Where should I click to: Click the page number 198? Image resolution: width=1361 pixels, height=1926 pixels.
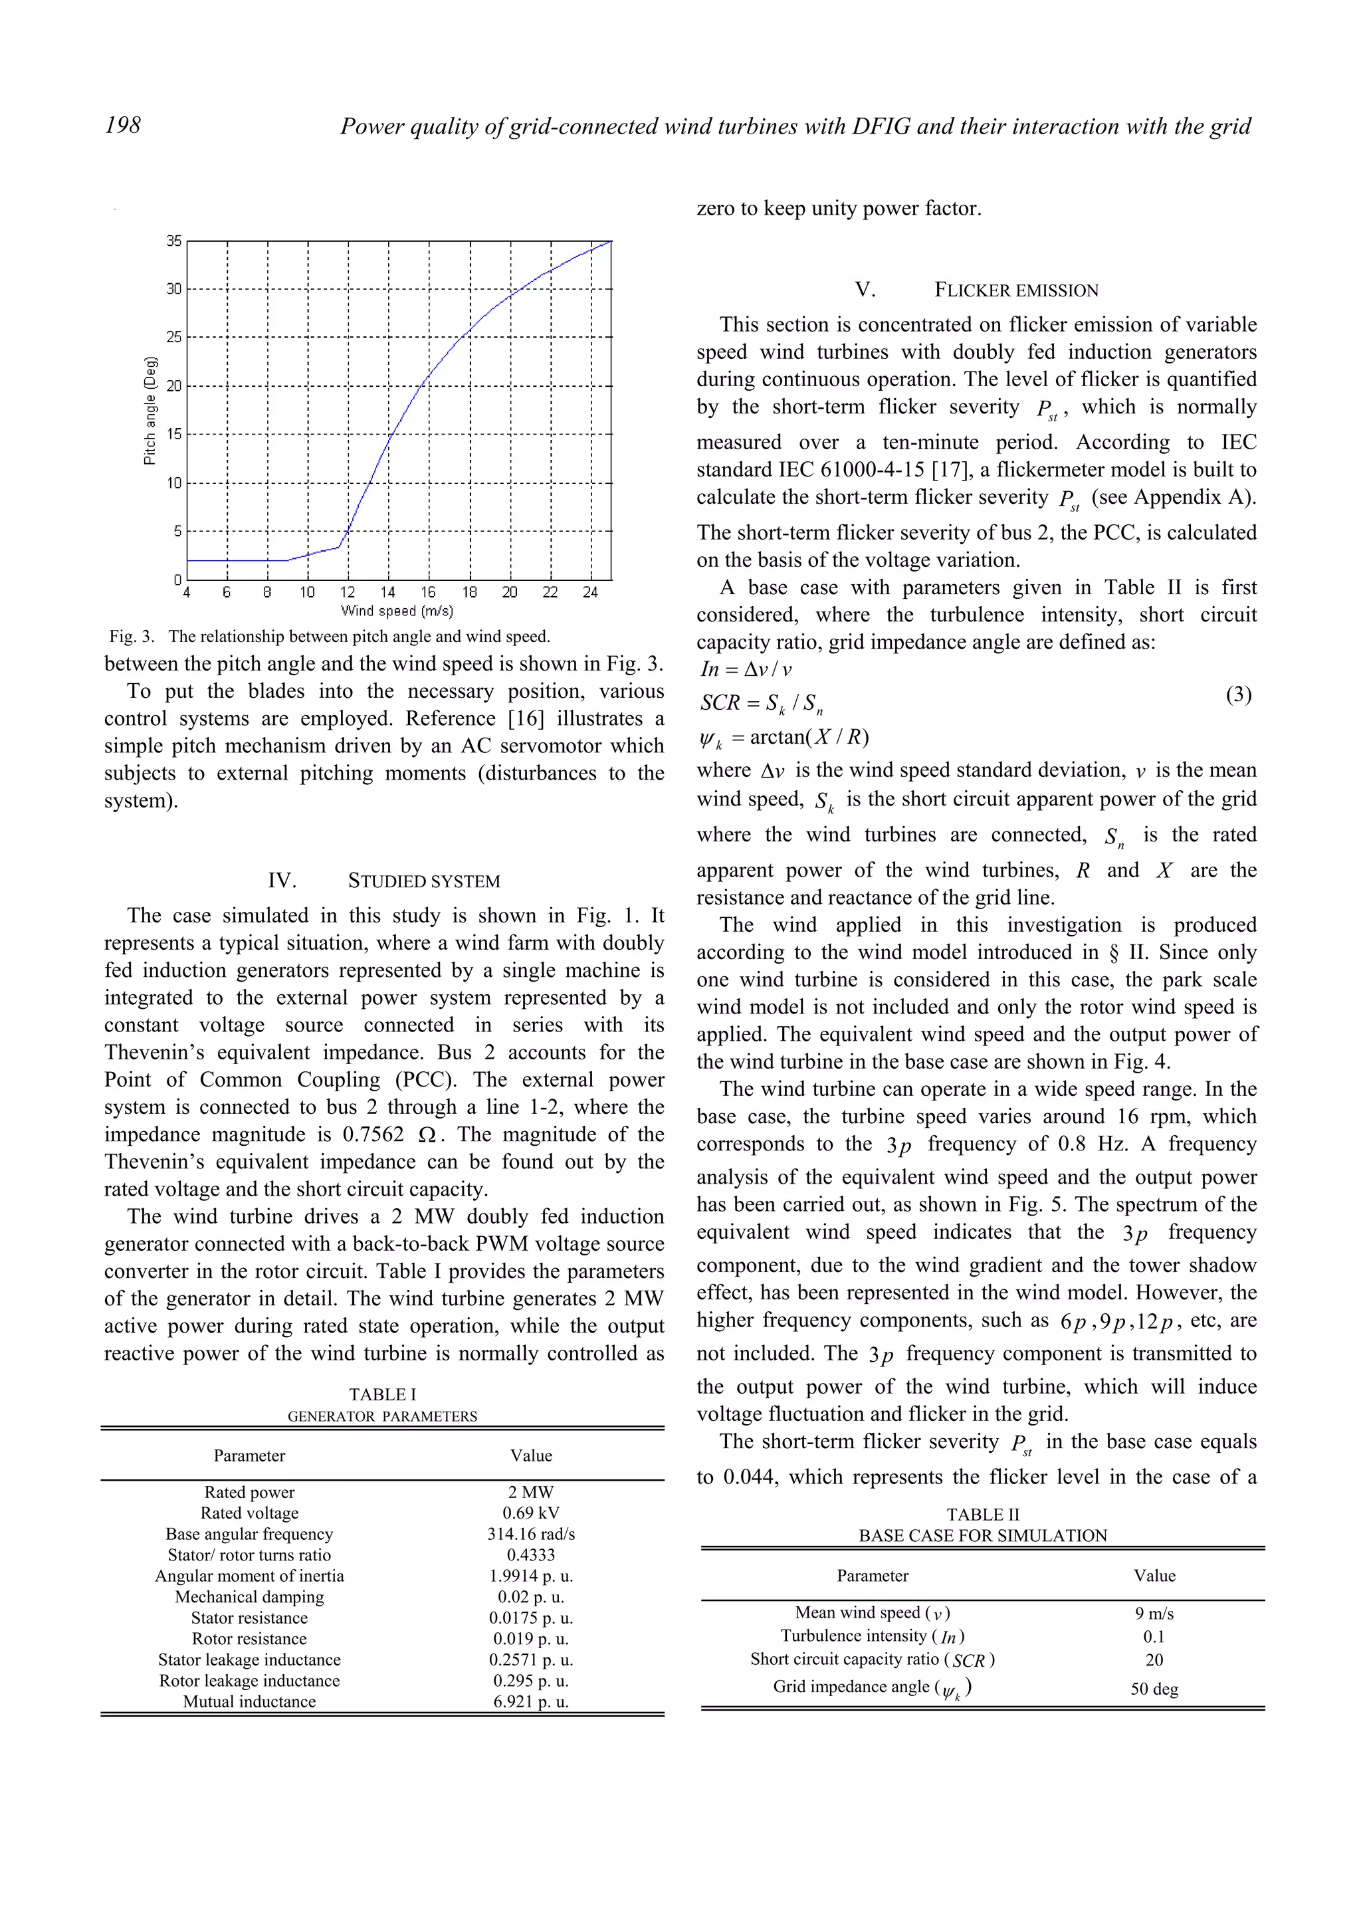[x=123, y=126]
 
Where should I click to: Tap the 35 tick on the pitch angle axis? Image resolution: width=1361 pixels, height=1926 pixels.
[x=173, y=242]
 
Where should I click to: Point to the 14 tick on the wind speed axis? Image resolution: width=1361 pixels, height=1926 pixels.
[x=387, y=592]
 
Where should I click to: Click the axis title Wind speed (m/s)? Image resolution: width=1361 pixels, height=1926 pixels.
[x=397, y=611]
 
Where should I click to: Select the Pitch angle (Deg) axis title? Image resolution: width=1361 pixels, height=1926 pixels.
[x=150, y=410]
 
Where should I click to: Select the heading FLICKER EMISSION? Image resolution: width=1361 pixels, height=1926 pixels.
[x=1016, y=290]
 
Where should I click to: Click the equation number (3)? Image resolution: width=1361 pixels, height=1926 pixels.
[x=1239, y=695]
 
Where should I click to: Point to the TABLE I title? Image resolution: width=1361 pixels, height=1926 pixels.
[x=382, y=1394]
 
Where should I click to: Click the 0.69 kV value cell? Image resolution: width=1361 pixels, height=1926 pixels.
[x=531, y=1513]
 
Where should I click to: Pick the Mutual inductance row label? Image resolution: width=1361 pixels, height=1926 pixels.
[x=249, y=1702]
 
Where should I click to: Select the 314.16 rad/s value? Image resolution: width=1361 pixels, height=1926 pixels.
[x=531, y=1535]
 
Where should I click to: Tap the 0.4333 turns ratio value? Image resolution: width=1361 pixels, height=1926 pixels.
[x=531, y=1555]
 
